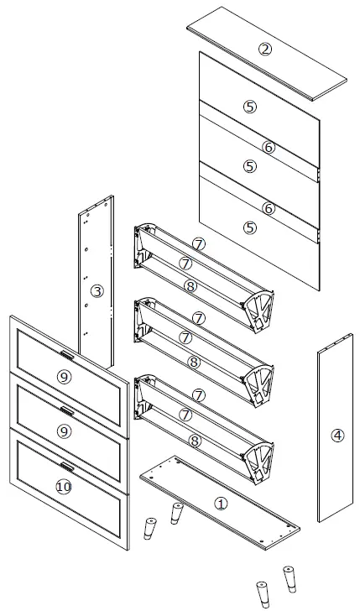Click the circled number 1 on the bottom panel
click(220, 504)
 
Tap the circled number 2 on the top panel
click(265, 49)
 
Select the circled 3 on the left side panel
click(97, 291)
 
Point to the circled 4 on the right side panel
click(337, 435)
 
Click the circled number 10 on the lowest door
click(63, 486)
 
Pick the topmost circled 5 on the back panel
click(249, 107)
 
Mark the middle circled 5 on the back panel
click(249, 166)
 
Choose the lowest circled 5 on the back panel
click(249, 227)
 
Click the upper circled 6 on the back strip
click(269, 147)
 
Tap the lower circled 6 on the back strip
click(269, 207)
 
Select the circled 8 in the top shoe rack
click(192, 286)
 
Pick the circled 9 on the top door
click(63, 377)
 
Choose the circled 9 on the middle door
click(63, 431)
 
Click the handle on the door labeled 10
click(66, 466)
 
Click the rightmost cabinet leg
click(290, 578)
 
